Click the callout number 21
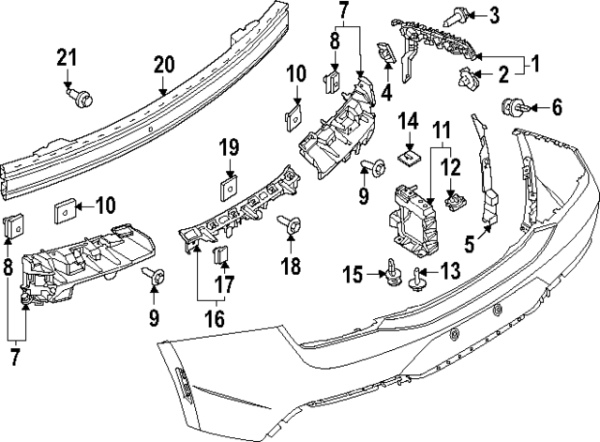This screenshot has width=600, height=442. (x=67, y=57)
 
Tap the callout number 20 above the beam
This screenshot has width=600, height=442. (x=164, y=65)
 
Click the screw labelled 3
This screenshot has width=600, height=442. (x=455, y=17)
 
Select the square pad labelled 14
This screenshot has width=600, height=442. (x=409, y=157)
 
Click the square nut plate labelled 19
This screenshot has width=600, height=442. (x=229, y=188)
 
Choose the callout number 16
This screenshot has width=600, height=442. (x=215, y=319)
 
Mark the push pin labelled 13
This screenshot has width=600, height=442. (x=416, y=280)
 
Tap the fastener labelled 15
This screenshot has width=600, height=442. (x=393, y=273)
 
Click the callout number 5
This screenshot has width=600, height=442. (x=469, y=244)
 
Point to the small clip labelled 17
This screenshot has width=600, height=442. (x=220, y=254)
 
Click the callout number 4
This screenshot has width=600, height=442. (x=387, y=92)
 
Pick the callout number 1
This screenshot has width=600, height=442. (x=535, y=64)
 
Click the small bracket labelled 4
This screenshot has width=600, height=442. (x=387, y=53)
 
